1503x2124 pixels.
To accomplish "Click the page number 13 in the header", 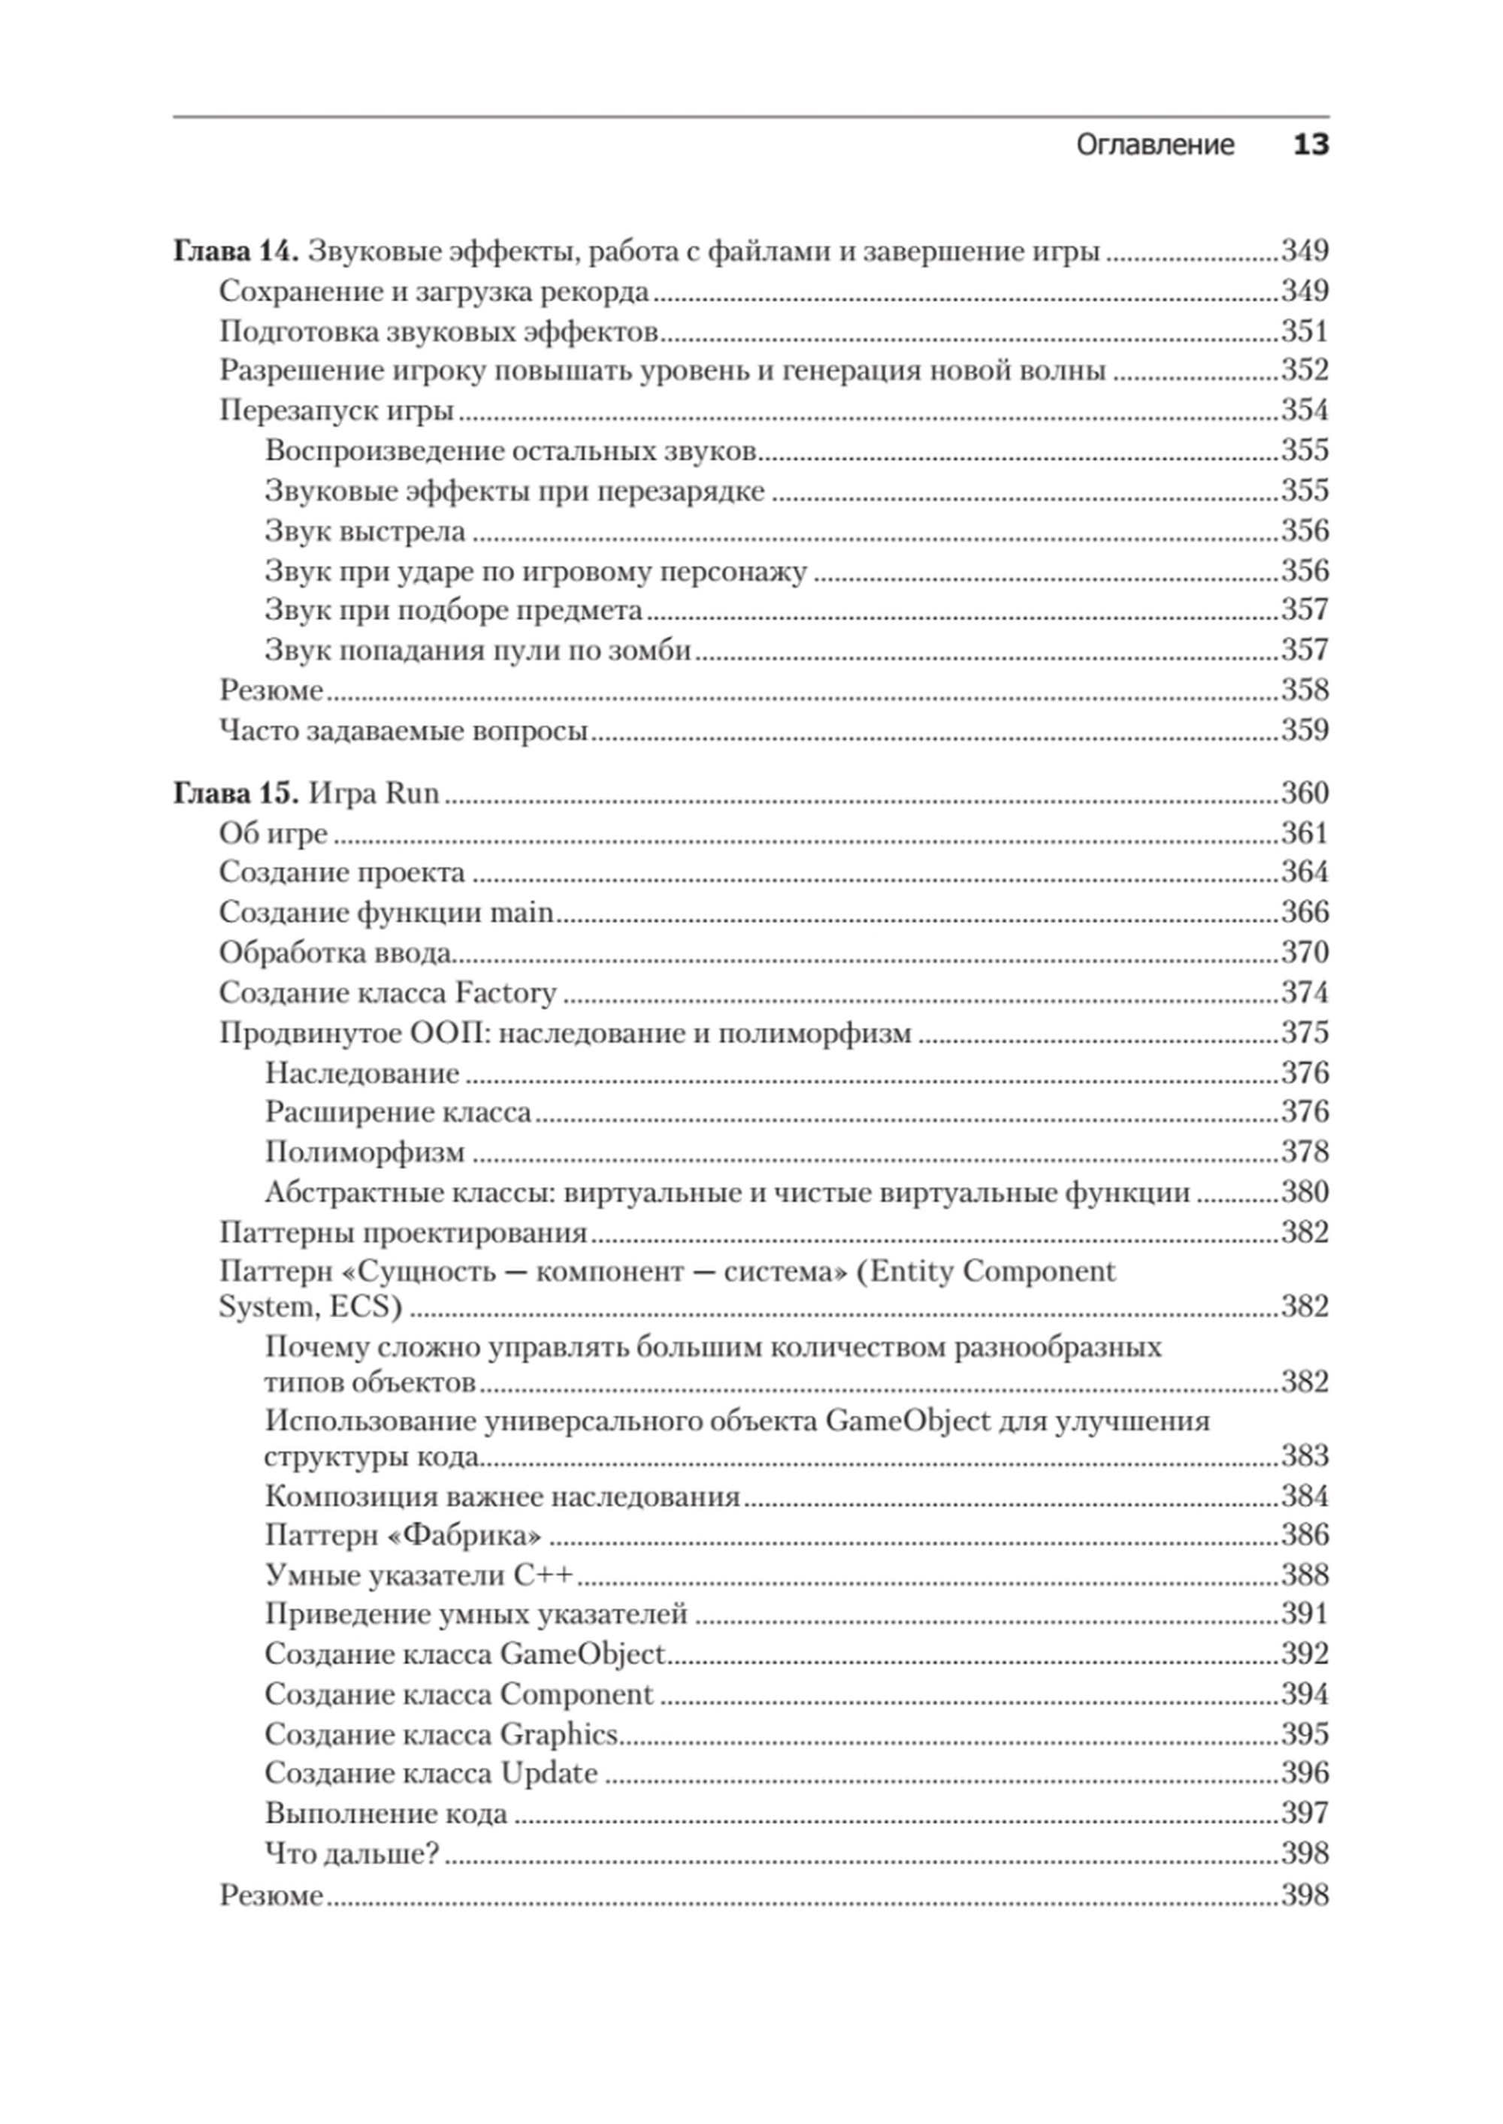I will [x=1310, y=144].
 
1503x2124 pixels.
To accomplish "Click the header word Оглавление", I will [x=1154, y=145].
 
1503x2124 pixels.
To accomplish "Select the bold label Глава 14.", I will [x=235, y=252].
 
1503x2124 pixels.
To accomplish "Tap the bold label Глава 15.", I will [x=235, y=793].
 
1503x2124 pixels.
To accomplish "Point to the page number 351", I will [x=1304, y=331].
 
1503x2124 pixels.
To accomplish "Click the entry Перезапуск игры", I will [x=336, y=411].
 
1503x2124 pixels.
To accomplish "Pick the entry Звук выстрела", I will [x=364, y=531].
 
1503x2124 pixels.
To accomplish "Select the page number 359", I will [x=1304, y=731].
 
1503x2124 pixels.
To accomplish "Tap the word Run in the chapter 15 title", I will [x=412, y=793].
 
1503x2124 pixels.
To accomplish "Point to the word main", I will [x=521, y=913].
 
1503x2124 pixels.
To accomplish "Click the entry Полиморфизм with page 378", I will [x=364, y=1153].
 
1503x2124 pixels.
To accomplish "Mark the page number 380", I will [x=1304, y=1192].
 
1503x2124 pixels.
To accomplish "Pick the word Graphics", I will [x=559, y=1735].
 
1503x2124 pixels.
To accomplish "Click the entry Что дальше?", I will [x=352, y=1854].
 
